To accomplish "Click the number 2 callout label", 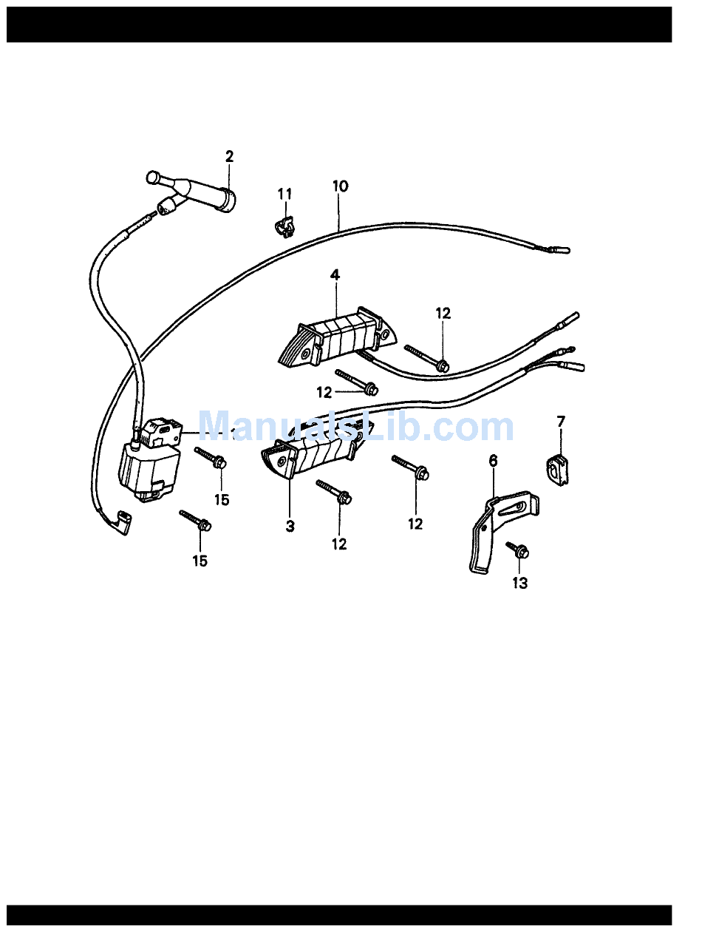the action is click(229, 156).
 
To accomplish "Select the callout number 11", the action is click(284, 194).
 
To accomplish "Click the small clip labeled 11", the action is click(282, 224).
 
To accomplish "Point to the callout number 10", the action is click(340, 186).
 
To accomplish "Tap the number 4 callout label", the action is click(335, 275).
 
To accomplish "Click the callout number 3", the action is click(290, 527).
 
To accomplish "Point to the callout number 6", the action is click(494, 461).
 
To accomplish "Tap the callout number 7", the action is click(561, 422).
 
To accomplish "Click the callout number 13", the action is click(520, 584).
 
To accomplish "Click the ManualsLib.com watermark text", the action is click(355, 427).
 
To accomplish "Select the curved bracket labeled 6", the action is click(484, 544).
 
